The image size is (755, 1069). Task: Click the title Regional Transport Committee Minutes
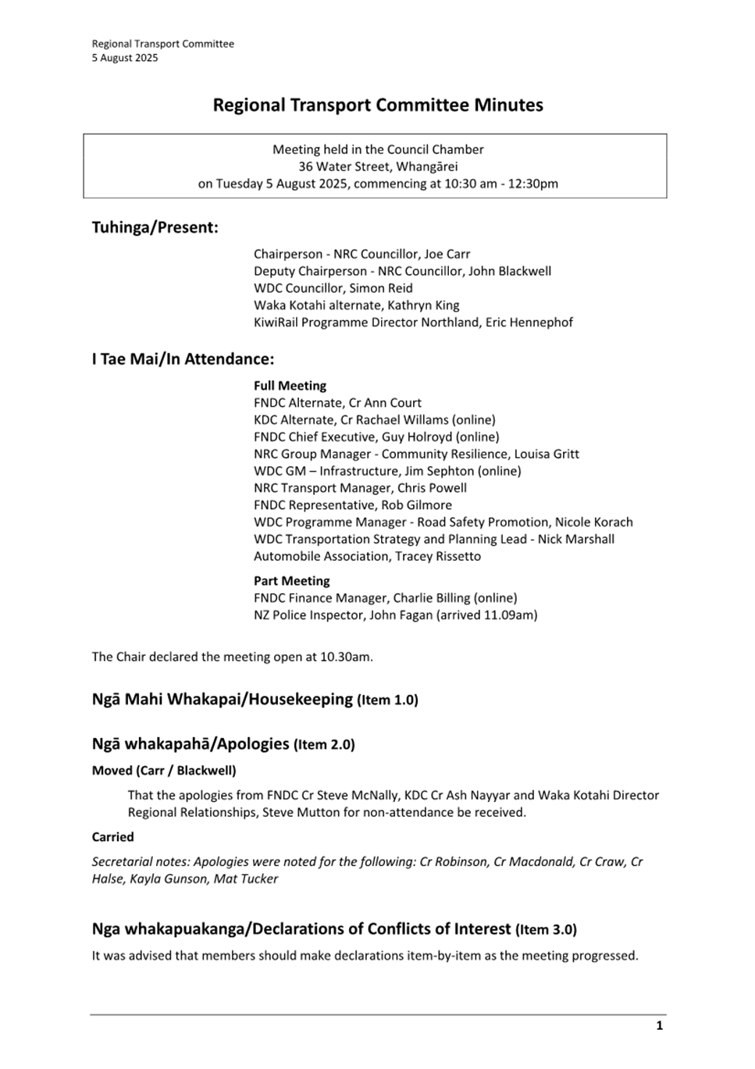click(x=378, y=105)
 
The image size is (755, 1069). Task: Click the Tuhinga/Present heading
click(x=155, y=227)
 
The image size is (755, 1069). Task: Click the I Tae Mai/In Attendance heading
click(x=183, y=359)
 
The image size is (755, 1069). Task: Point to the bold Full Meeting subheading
click(x=290, y=386)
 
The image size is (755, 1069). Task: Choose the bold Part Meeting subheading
click(x=291, y=581)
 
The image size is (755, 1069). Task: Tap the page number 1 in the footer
click(x=659, y=1025)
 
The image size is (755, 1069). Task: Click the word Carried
click(x=112, y=837)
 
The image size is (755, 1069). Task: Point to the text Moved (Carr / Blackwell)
click(x=164, y=771)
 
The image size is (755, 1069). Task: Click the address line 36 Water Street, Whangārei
click(x=378, y=166)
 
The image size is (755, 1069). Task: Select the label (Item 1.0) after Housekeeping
click(x=387, y=700)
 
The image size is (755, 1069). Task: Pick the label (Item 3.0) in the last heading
click(x=546, y=930)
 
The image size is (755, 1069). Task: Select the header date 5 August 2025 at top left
click(x=125, y=58)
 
